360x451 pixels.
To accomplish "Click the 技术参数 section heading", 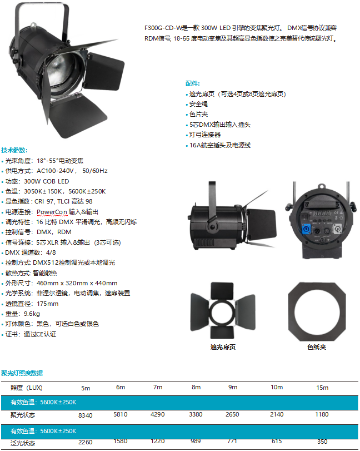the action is (14, 150).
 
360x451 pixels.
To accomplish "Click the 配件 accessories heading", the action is (192, 83).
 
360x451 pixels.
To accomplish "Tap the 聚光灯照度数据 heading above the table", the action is (22, 373).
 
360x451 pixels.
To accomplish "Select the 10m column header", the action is (277, 387).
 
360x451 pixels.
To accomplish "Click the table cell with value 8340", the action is (86, 415).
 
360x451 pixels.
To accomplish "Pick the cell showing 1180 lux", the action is (322, 414).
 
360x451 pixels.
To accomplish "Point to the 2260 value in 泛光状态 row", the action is (86, 442).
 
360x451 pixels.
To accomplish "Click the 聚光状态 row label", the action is (23, 415).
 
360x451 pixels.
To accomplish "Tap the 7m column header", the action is (158, 387).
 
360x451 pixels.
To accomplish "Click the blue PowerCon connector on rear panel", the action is (306, 230).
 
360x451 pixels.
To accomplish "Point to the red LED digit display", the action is (322, 213).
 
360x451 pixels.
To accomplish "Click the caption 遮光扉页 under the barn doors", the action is (223, 347).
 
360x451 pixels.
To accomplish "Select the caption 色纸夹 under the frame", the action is (317, 347).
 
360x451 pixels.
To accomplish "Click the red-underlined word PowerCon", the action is (52, 212).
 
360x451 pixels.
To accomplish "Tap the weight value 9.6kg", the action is (32, 314).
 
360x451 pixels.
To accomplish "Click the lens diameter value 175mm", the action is (47, 304).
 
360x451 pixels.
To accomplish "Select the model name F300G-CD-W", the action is (163, 28).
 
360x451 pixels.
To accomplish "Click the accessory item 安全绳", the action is (198, 104).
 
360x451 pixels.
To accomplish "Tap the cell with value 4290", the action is (157, 414).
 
